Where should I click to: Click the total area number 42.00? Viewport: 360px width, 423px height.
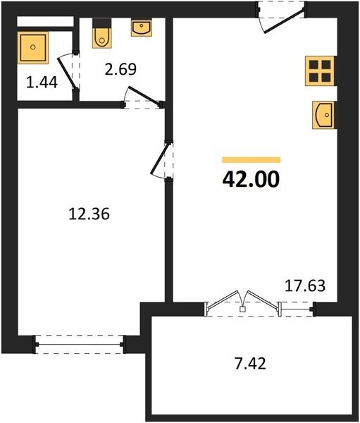[251, 180]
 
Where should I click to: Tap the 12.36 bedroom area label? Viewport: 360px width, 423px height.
[89, 214]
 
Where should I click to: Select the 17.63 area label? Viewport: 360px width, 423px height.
[305, 286]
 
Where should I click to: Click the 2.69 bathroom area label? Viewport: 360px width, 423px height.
[120, 69]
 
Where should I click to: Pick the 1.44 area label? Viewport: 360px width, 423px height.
[42, 82]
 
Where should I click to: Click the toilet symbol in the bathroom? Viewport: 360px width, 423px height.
[101, 33]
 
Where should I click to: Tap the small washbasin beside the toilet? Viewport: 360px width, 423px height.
[142, 27]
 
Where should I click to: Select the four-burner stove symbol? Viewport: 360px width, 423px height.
[320, 70]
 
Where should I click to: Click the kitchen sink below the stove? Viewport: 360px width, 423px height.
[323, 115]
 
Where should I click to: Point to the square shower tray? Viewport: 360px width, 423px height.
[33, 47]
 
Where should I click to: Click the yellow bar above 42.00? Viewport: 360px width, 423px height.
[252, 160]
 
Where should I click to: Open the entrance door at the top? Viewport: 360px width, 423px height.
[285, 20]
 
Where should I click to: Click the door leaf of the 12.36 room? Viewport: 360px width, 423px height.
[161, 159]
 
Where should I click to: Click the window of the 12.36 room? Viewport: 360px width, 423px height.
[80, 345]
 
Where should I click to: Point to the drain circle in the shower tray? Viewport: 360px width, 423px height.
[33, 47]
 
